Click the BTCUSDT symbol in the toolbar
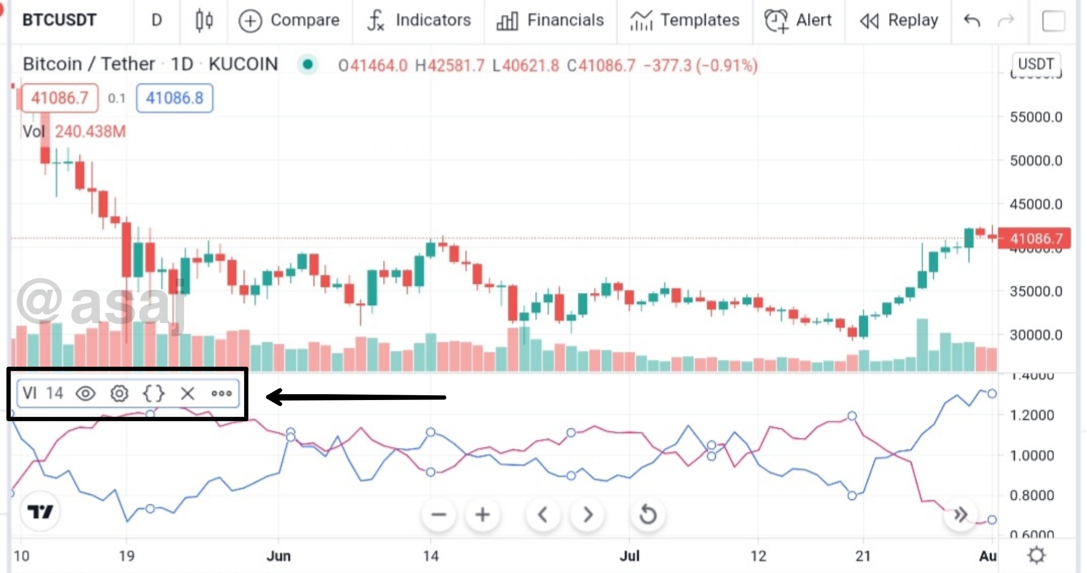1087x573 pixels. (59, 20)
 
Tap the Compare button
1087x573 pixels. (289, 21)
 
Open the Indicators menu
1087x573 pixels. (419, 21)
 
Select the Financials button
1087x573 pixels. (550, 21)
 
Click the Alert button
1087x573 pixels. (798, 21)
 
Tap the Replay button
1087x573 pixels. (899, 21)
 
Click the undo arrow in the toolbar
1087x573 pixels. (972, 21)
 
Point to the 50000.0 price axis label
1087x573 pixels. (1036, 160)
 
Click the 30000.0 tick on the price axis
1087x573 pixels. (1036, 335)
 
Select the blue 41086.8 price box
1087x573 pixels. (175, 98)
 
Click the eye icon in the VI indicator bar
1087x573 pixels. (85, 394)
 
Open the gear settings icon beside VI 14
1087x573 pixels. (119, 394)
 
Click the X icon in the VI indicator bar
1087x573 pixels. (187, 394)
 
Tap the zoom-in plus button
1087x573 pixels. (482, 515)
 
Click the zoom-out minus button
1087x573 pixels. (439, 515)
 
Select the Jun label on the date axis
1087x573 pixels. (279, 556)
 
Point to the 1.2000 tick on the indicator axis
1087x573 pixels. (1031, 415)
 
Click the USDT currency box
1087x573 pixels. (1036, 64)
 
